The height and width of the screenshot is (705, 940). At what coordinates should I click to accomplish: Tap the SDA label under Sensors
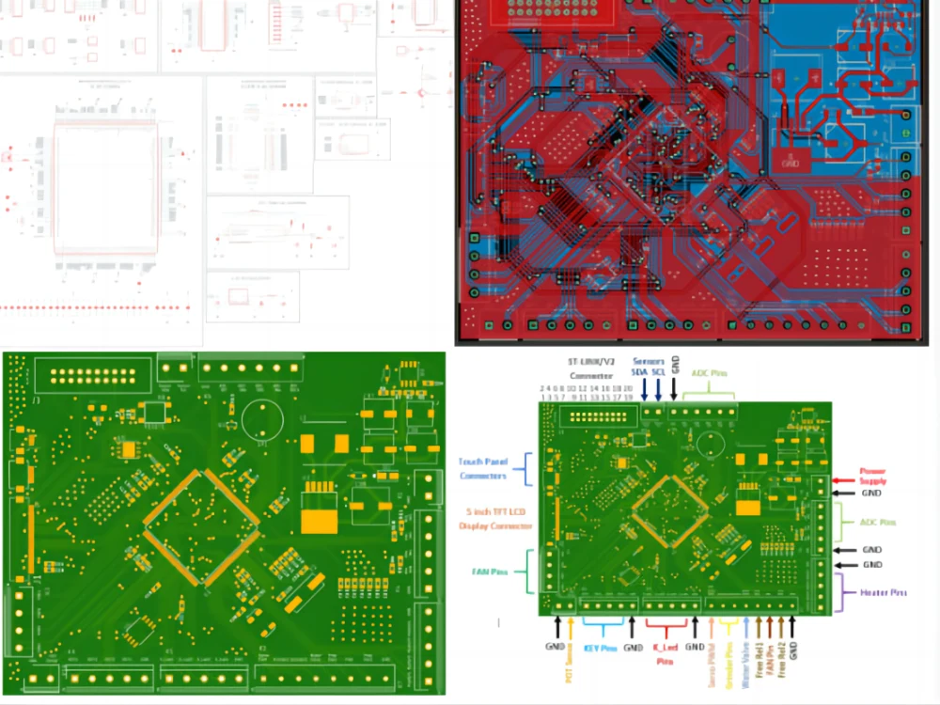coord(644,373)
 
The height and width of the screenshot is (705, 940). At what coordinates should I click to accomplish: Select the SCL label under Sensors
coord(660,373)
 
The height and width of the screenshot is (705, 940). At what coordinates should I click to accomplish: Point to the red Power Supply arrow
coord(843,481)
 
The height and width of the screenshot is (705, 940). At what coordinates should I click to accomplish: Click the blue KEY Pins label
coord(601,648)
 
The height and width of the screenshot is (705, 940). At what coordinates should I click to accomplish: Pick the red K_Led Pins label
coord(664,653)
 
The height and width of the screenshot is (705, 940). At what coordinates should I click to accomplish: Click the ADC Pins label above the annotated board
coord(709,373)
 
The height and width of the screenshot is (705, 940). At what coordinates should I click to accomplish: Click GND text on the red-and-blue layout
coord(790,161)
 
